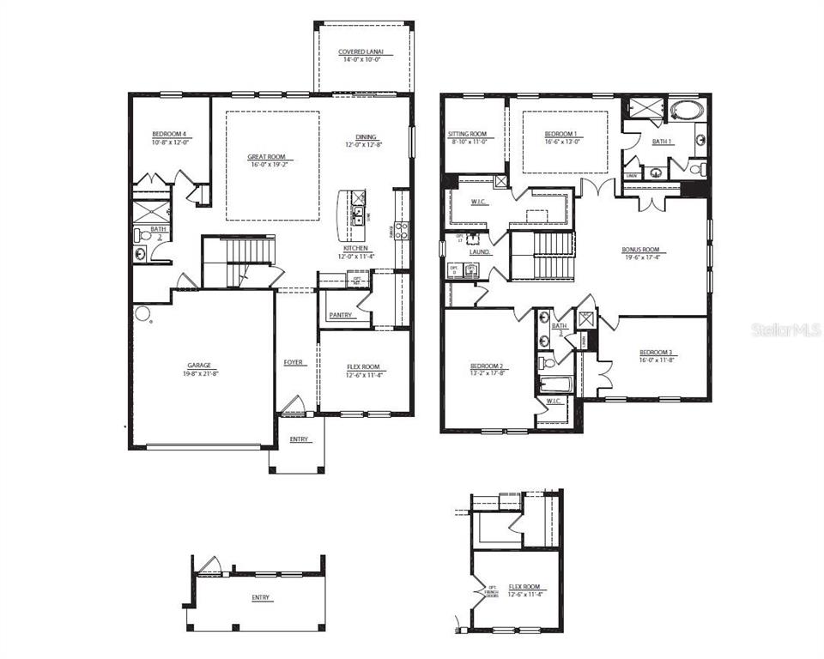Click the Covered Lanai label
pos(359,51)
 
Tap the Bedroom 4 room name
pos(169,134)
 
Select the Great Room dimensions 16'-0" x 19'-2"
pos(266,165)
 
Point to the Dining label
pos(367,136)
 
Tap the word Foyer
pos(294,362)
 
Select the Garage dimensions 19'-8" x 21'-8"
pos(199,373)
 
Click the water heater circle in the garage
pos(150,324)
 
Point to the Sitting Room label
pos(468,134)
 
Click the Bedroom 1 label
pos(560,134)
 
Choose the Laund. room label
pos(480,252)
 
